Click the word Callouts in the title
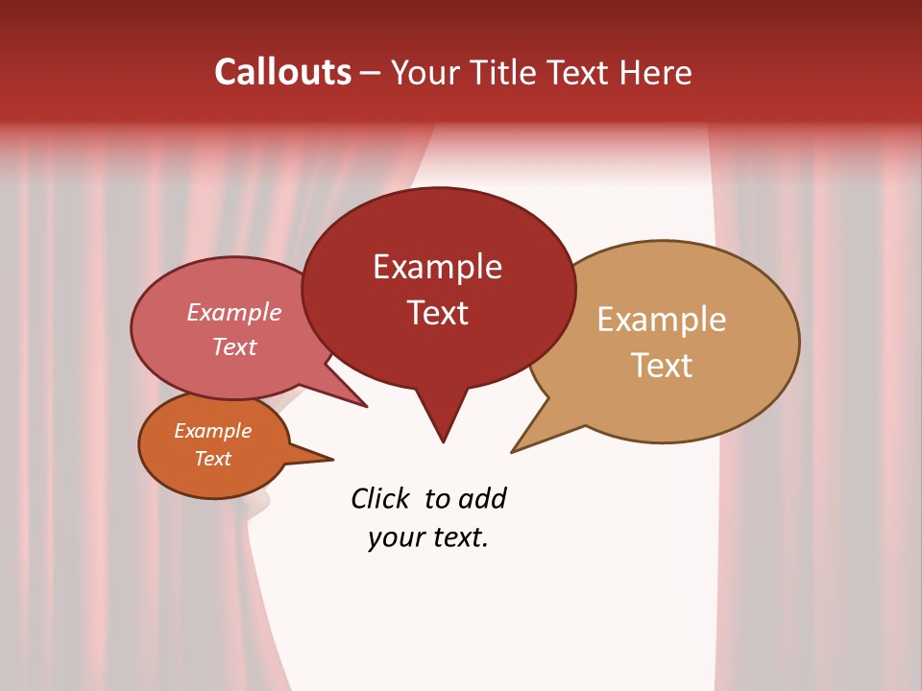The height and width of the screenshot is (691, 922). [282, 73]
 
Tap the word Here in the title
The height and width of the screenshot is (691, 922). [653, 73]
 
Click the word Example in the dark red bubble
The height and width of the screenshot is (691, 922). [437, 267]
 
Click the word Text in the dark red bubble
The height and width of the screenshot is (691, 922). [437, 313]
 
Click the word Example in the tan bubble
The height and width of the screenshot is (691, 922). [662, 320]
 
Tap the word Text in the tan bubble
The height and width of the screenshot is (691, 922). [662, 366]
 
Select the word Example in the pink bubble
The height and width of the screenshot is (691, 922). [234, 312]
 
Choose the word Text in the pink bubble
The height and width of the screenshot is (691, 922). [234, 346]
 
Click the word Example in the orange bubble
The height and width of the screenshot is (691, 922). [212, 431]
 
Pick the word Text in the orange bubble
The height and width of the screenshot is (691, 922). [212, 459]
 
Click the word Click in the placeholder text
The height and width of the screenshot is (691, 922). [382, 499]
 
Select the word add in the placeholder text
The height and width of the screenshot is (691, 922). [481, 499]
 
